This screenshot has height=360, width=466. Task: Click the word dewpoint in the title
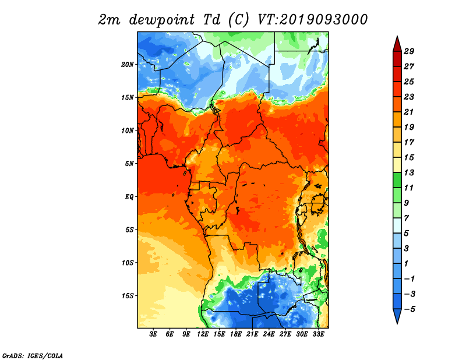(162, 20)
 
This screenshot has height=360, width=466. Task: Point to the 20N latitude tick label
(128, 65)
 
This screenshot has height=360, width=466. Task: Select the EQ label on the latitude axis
(129, 197)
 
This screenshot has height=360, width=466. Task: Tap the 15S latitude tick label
(128, 296)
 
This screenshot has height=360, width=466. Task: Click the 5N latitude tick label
(129, 164)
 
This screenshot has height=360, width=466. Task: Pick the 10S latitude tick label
(128, 263)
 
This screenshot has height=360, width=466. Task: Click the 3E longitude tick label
(153, 334)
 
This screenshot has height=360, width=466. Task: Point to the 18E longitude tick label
(236, 334)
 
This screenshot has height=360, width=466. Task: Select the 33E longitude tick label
(318, 334)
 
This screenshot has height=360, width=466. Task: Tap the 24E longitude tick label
(269, 334)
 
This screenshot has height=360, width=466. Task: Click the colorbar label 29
(409, 51)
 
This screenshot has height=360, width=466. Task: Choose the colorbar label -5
(409, 309)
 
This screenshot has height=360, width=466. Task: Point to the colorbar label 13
(409, 172)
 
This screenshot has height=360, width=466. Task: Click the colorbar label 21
(409, 112)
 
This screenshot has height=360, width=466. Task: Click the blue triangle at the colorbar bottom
(397, 315)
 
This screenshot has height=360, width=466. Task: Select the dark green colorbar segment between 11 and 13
(397, 180)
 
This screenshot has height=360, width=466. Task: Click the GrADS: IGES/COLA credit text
(33, 356)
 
